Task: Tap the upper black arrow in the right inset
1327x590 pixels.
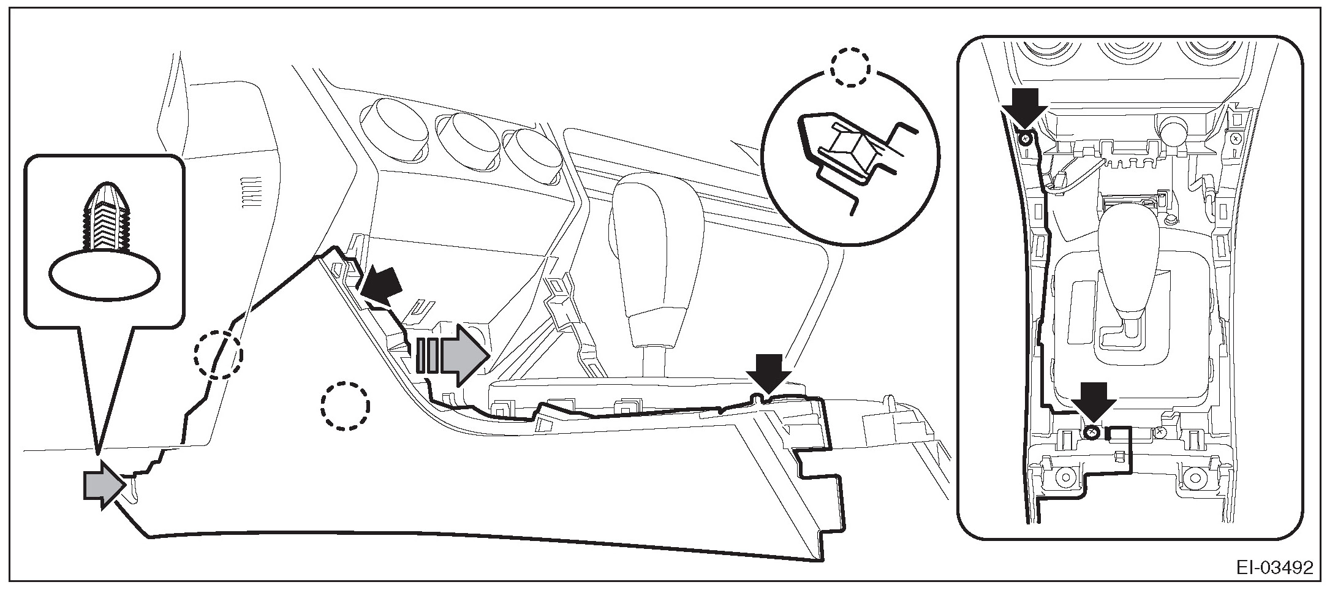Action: (x=1023, y=107)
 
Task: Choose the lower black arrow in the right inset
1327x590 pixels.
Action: (x=1093, y=402)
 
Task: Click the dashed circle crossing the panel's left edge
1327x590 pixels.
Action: (x=218, y=355)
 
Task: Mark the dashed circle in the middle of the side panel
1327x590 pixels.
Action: (x=345, y=405)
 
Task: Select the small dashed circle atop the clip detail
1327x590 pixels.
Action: (x=850, y=68)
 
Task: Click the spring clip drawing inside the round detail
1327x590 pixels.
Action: (x=855, y=150)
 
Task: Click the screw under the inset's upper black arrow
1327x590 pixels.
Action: (x=1023, y=139)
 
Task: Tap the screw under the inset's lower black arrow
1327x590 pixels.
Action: (x=1091, y=434)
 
